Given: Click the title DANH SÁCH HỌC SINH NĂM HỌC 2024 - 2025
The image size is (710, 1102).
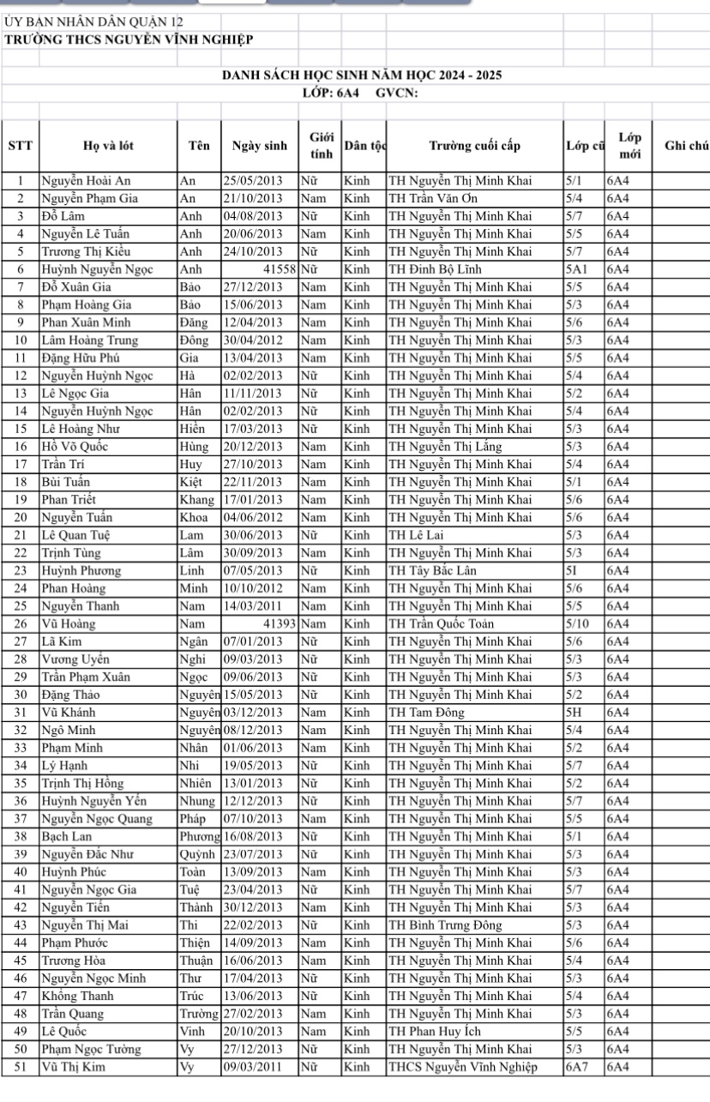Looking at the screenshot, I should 361,75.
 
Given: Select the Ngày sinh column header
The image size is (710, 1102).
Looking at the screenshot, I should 260,146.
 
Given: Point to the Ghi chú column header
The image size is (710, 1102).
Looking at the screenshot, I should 686,146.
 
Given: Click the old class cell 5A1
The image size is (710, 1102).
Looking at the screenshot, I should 576,268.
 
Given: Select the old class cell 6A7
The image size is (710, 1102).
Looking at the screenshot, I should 576,1067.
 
